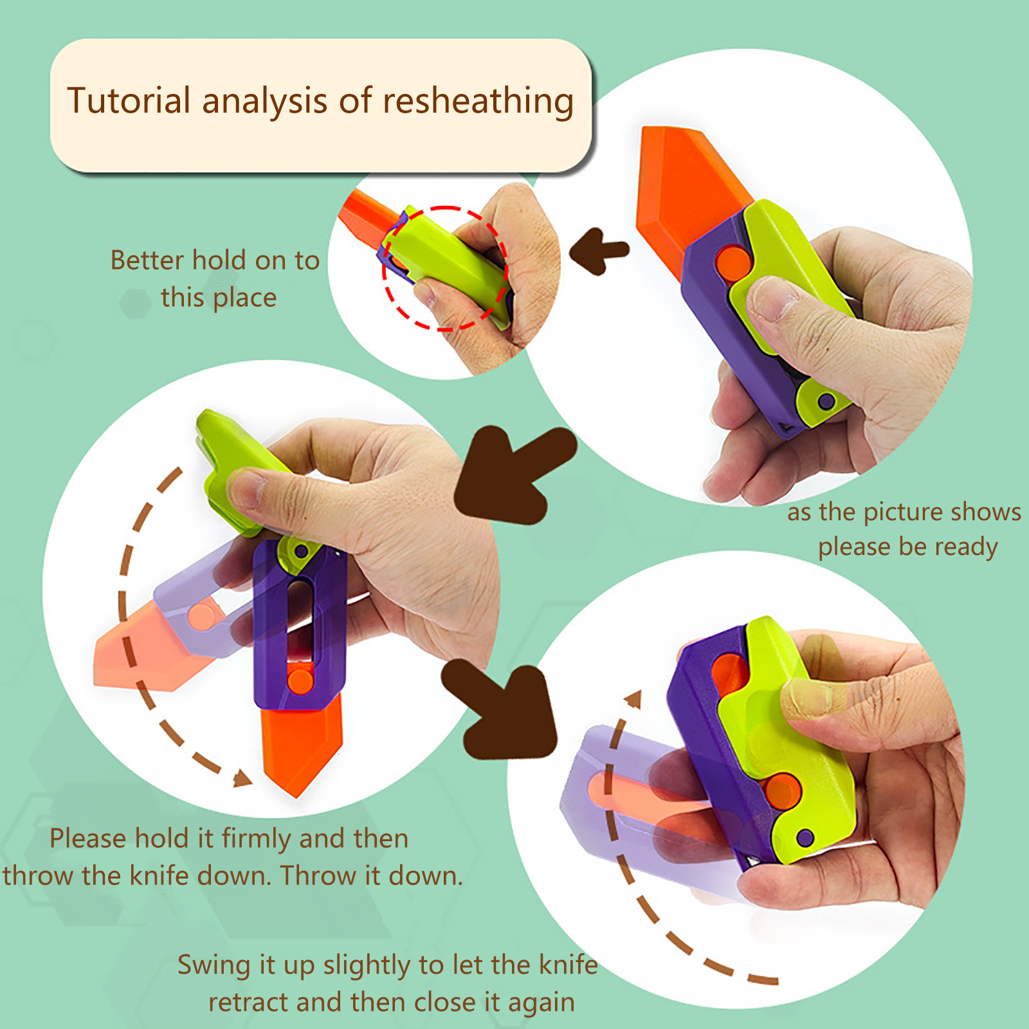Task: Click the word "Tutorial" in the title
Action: click(129, 101)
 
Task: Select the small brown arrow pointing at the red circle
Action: click(598, 251)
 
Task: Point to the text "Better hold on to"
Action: click(215, 260)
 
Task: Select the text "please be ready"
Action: click(907, 547)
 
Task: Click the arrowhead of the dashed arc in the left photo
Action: click(242, 778)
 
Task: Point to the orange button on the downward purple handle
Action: click(300, 681)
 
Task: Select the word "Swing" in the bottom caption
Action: click(214, 966)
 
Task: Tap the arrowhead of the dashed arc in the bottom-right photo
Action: click(634, 699)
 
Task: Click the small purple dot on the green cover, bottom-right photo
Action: click(805, 837)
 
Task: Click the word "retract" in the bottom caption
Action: click(248, 1003)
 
